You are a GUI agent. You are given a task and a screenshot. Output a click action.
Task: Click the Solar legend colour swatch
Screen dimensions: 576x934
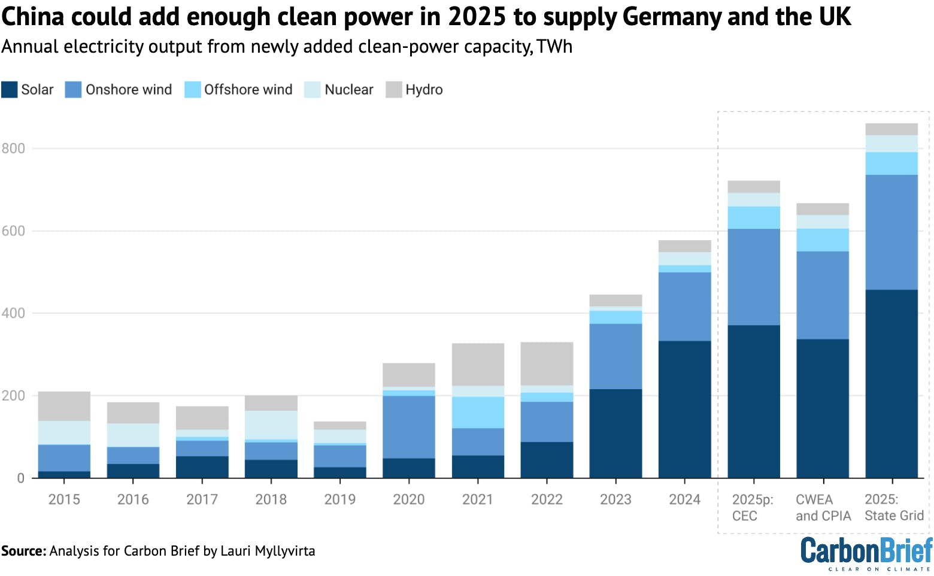pyautogui.click(x=9, y=90)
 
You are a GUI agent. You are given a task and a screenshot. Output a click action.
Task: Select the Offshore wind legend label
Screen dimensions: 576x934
pyautogui.click(x=248, y=90)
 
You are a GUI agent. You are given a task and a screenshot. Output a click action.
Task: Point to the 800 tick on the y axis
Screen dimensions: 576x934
pyautogui.click(x=13, y=148)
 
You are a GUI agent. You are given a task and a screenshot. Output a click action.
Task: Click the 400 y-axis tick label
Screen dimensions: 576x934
pyautogui.click(x=13, y=313)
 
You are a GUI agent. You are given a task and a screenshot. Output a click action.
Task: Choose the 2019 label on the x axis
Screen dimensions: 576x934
pyautogui.click(x=339, y=499)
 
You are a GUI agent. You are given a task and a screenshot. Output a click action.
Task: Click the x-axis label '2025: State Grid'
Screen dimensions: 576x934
pyautogui.click(x=894, y=507)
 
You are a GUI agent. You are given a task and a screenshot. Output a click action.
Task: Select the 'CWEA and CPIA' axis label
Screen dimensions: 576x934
pyautogui.click(x=823, y=507)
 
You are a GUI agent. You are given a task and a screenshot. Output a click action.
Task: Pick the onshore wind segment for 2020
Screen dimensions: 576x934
pyautogui.click(x=408, y=427)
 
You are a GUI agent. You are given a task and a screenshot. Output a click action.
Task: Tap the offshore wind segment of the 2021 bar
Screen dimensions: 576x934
pyautogui.click(x=478, y=413)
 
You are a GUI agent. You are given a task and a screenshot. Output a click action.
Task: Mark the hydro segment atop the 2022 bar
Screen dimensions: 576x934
pyautogui.click(x=547, y=363)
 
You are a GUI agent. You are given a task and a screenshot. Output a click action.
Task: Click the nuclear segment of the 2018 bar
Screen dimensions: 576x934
pyautogui.click(x=271, y=425)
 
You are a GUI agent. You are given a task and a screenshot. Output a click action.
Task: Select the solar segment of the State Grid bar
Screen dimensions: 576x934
pyautogui.click(x=891, y=383)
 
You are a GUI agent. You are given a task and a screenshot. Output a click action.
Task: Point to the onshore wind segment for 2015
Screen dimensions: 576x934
pyautogui.click(x=64, y=458)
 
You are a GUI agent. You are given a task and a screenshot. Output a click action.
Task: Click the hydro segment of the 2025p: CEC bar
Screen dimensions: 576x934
pyautogui.click(x=753, y=187)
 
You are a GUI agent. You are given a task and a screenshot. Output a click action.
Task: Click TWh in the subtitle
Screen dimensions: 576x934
pyautogui.click(x=554, y=47)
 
